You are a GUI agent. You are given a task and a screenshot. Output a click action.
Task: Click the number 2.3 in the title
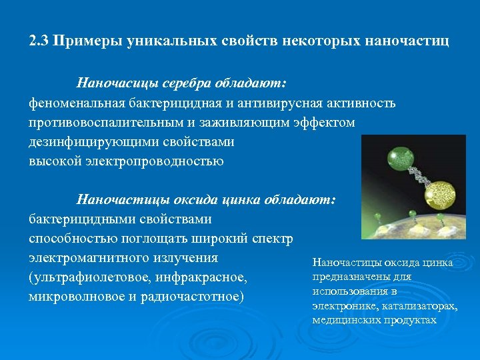pyautogui.click(x=39, y=41)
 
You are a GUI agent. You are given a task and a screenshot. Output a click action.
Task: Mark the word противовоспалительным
pyautogui.click(x=103, y=123)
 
